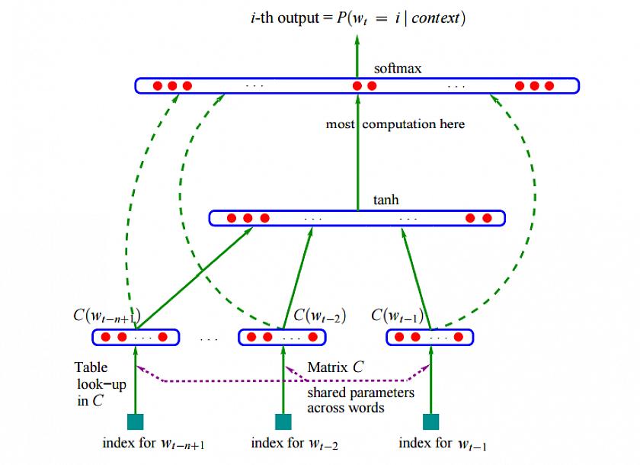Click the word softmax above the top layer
[398, 69]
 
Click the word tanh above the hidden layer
[386, 200]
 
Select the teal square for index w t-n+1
[134, 422]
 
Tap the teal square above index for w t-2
[283, 422]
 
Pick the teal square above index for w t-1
[431, 422]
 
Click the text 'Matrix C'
[335, 367]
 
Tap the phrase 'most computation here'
[395, 123]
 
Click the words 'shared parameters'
[360, 393]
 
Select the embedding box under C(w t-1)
[430, 336]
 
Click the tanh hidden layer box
[357, 218]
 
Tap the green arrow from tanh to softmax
[357, 152]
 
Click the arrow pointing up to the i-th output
[357, 53]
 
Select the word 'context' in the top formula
[436, 18]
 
